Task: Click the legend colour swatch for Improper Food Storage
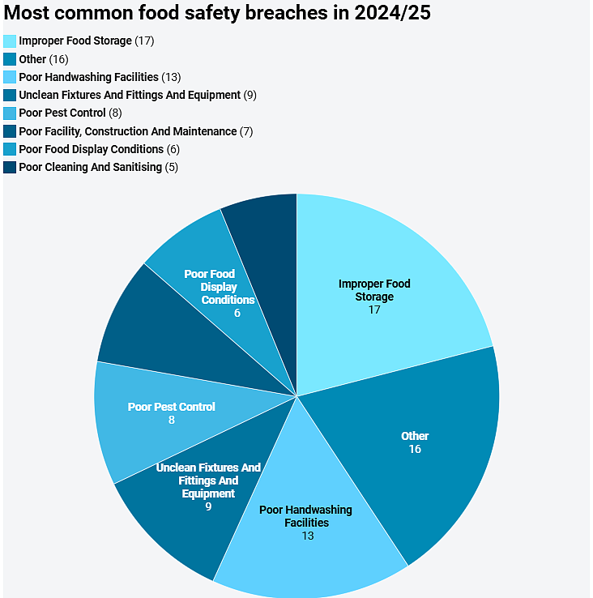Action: [10, 41]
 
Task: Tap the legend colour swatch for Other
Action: [10, 59]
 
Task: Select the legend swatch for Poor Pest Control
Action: [10, 113]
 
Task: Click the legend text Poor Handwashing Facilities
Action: [88, 77]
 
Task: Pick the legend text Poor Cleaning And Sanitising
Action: [90, 167]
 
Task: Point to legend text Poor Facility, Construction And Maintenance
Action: [128, 131]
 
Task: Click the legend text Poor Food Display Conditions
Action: [91, 149]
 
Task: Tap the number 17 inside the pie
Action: [374, 310]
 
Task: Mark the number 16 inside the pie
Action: [415, 449]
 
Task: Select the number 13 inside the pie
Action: [306, 536]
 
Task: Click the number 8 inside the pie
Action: [172, 420]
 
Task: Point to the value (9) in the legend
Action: [250, 95]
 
